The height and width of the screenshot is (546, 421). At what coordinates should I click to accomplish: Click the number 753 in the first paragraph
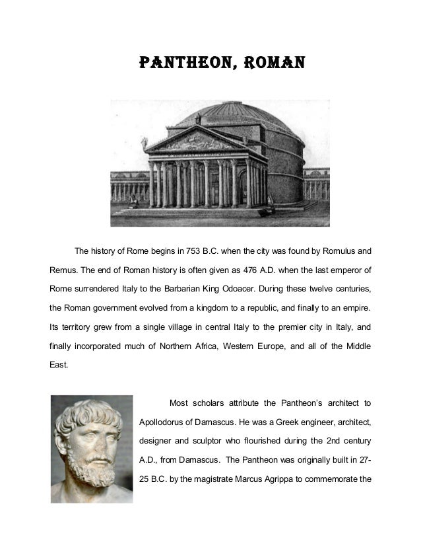tap(198, 251)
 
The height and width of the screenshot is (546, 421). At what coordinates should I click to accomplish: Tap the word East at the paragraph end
tap(58, 364)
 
